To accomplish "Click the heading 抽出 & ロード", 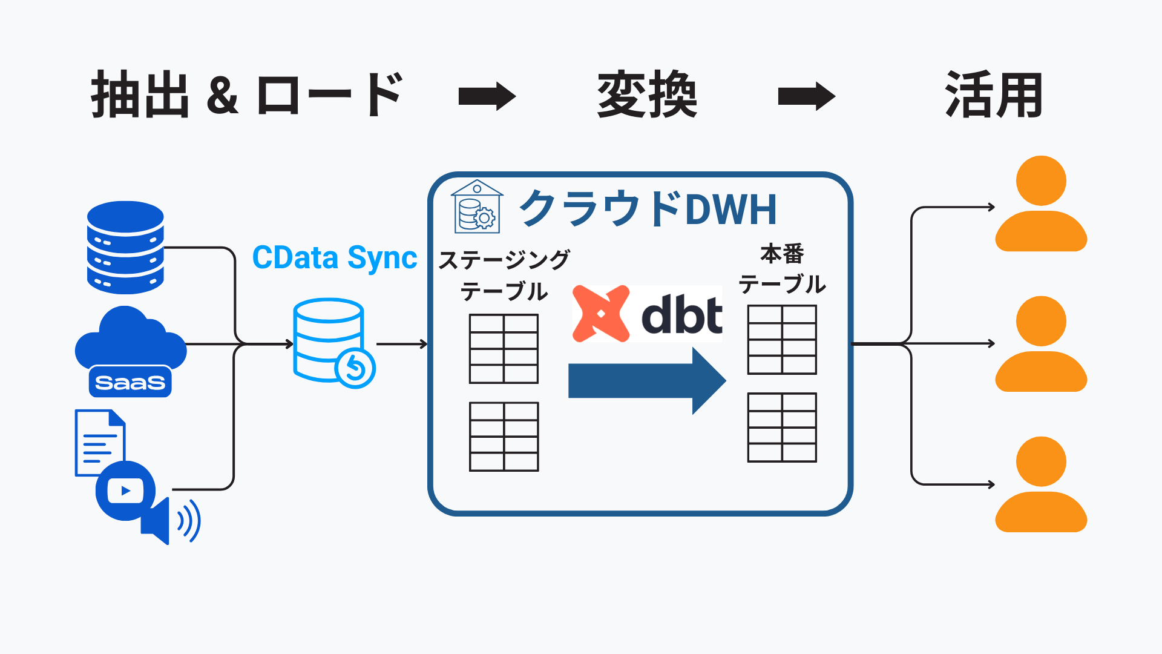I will coord(247,95).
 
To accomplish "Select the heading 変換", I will coord(647,95).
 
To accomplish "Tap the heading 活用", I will coord(994,95).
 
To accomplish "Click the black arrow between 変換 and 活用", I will coord(806,96).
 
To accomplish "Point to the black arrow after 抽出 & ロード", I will coord(487,96).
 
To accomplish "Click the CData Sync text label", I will coord(334,258).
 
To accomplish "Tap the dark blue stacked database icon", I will coord(125,248).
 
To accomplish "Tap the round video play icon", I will coord(125,490).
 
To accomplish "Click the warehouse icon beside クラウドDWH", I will coord(477,207).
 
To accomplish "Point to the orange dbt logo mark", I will coord(600,314).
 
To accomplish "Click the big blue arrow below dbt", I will coord(646,380).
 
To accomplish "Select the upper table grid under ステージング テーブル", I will coord(504,349).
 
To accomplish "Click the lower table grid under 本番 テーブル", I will coord(782,428).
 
